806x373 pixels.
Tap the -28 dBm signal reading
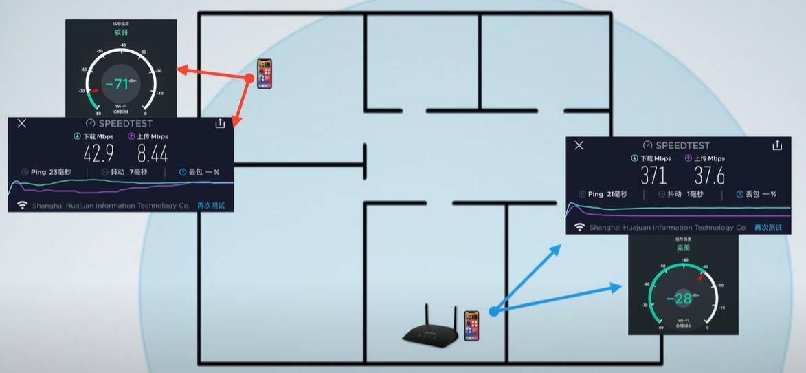click(x=680, y=299)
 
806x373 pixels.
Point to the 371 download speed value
click(x=653, y=175)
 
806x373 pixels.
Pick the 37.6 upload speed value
click(x=709, y=175)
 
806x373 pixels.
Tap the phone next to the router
click(x=471, y=325)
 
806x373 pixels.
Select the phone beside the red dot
click(x=265, y=74)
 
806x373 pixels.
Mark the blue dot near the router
click(x=493, y=312)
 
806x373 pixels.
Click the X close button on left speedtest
click(x=22, y=123)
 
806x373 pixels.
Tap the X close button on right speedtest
click(x=579, y=145)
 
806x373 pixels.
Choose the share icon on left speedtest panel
click(x=220, y=123)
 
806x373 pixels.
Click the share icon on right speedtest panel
click(x=777, y=145)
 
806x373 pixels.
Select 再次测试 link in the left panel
click(x=211, y=205)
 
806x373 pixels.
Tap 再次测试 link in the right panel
click(x=768, y=227)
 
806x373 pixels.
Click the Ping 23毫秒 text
click(x=47, y=172)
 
